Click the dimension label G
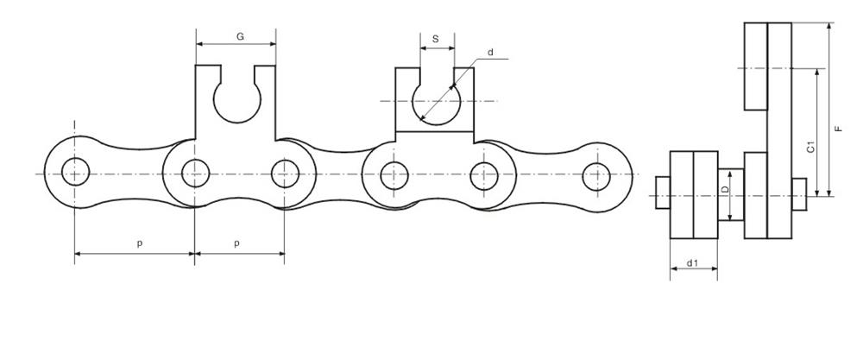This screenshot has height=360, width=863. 239,36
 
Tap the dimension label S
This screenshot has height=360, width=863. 436,39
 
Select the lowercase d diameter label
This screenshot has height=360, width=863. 490,53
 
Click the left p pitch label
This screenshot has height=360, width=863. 140,244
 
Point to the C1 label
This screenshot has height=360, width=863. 810,146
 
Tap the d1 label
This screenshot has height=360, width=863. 692,262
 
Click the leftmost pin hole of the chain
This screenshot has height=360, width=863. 74,173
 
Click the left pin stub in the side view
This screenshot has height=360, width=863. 663,193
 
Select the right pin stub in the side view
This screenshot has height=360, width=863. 798,193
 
